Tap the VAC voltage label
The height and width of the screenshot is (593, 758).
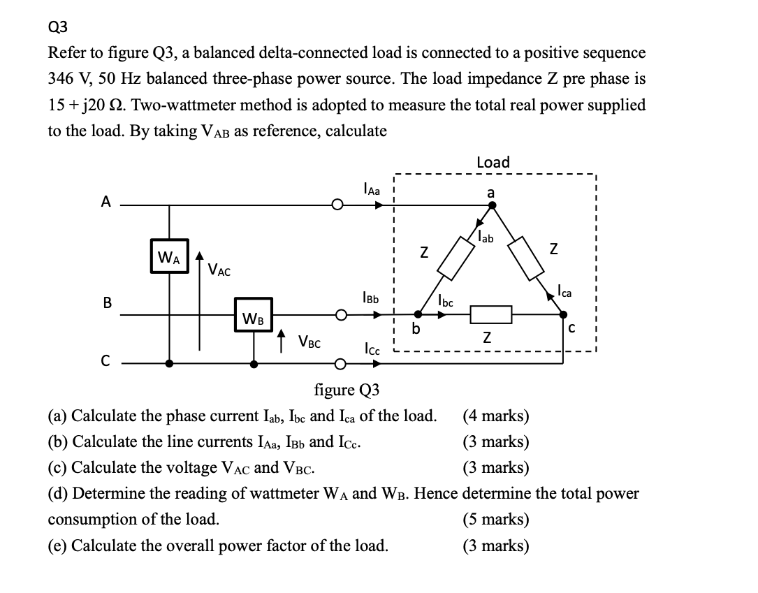pyautogui.click(x=220, y=269)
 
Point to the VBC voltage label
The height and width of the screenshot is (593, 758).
pyautogui.click(x=309, y=342)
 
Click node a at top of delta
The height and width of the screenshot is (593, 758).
pyautogui.click(x=492, y=205)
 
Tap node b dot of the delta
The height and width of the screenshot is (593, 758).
pyautogui.click(x=418, y=315)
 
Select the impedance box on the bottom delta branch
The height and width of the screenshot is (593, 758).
pyautogui.click(x=492, y=316)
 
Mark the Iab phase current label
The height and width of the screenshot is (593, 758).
pyautogui.click(x=486, y=237)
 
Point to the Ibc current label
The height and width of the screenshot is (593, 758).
pyautogui.click(x=445, y=301)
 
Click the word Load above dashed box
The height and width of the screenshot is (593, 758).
pyautogui.click(x=493, y=162)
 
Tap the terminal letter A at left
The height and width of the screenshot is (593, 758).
pyautogui.click(x=105, y=202)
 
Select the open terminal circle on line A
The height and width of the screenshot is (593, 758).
pyautogui.click(x=338, y=206)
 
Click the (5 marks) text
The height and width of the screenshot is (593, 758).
pyautogui.click(x=496, y=520)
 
